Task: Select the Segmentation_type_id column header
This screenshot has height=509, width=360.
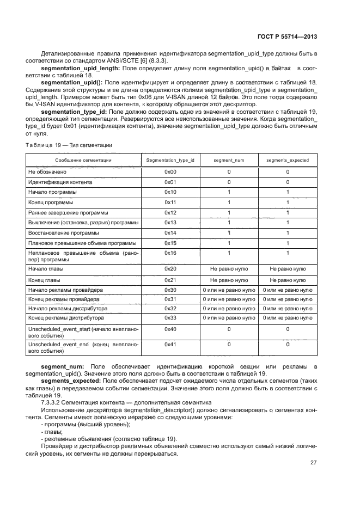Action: tap(170, 161)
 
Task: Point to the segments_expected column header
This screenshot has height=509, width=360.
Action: tap(287, 161)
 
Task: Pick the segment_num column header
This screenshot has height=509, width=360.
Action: tap(229, 161)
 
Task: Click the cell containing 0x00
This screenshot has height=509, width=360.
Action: tap(170, 171)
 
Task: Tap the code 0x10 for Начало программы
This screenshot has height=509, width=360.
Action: tap(170, 192)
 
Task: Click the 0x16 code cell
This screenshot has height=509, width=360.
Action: tap(170, 254)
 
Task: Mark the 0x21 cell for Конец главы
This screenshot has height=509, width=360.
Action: tap(170, 280)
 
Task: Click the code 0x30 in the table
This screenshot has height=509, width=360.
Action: tap(170, 290)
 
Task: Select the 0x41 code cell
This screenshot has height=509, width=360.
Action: tap(170, 345)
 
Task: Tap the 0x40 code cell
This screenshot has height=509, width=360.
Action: tap(170, 329)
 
